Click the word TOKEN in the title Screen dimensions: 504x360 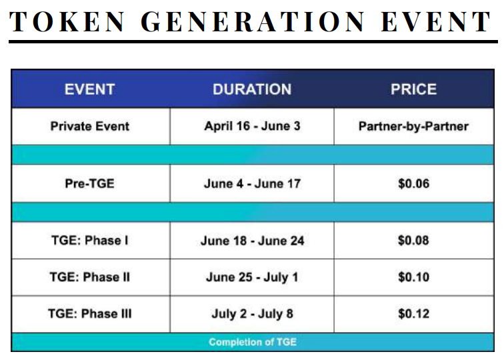click(x=67, y=21)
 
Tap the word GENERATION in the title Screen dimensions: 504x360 click(x=253, y=21)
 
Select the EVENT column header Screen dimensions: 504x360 click(x=90, y=89)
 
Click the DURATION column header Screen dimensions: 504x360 click(x=252, y=89)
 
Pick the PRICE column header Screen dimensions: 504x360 click(x=414, y=89)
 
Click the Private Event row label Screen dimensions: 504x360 click(x=90, y=126)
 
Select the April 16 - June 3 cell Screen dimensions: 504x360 click(x=252, y=126)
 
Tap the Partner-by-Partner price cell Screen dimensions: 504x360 click(x=414, y=126)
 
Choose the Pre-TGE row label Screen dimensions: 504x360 click(x=90, y=183)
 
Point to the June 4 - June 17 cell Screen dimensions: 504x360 click(x=252, y=183)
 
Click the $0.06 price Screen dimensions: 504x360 click(x=414, y=183)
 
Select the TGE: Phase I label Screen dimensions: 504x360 click(x=90, y=241)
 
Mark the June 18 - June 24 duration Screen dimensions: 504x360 click(x=252, y=241)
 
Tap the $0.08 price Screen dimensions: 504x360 click(x=413, y=241)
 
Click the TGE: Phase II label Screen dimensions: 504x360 click(x=90, y=277)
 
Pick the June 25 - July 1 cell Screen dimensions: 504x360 click(x=252, y=277)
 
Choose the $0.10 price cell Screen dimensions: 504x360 click(x=414, y=277)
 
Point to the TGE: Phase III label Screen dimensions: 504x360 click(x=90, y=314)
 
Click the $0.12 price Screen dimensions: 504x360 click(x=414, y=314)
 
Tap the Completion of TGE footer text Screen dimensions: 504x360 click(x=253, y=342)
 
